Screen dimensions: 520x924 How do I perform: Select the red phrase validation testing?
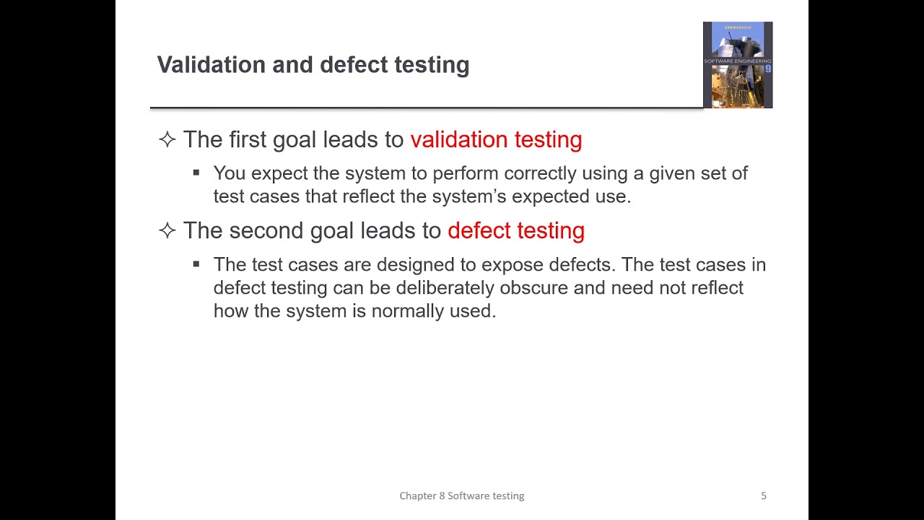coord(496,139)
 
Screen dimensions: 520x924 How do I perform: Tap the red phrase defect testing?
coord(515,230)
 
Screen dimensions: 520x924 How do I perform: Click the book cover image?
coord(738,65)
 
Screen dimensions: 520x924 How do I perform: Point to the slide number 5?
coord(763,495)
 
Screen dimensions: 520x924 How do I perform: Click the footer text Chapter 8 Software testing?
coord(462,495)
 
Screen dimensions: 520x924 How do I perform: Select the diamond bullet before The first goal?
coord(167,139)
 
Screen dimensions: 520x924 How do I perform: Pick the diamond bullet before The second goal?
coord(167,230)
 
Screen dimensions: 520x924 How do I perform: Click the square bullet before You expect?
coord(196,173)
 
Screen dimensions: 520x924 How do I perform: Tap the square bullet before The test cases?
coord(196,264)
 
